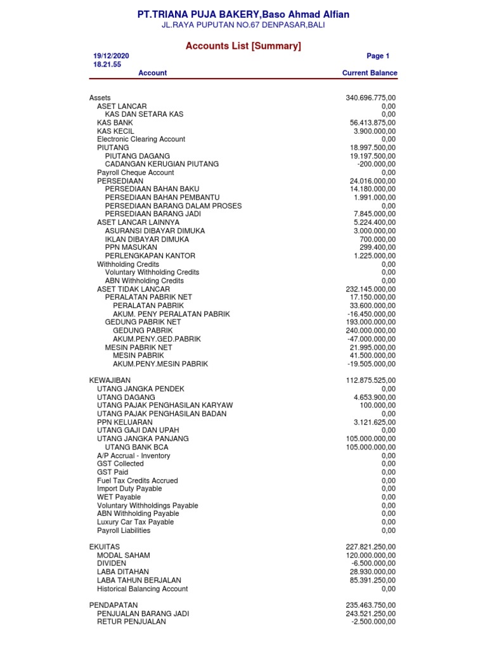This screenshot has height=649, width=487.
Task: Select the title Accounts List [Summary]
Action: coord(243,46)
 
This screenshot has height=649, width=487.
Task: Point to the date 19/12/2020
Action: coord(111,56)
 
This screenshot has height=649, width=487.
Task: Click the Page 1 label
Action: coord(378,56)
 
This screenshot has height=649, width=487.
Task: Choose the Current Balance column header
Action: coord(370,73)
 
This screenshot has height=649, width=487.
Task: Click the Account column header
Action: coord(152,73)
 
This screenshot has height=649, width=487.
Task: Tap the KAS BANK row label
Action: coord(115,123)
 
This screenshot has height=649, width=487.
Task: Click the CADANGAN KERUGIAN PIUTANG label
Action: coord(162,164)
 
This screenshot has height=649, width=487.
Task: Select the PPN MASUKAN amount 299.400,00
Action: coord(378,248)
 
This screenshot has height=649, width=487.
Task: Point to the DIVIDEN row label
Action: coord(112,563)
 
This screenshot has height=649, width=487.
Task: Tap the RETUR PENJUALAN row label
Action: coord(131,622)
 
